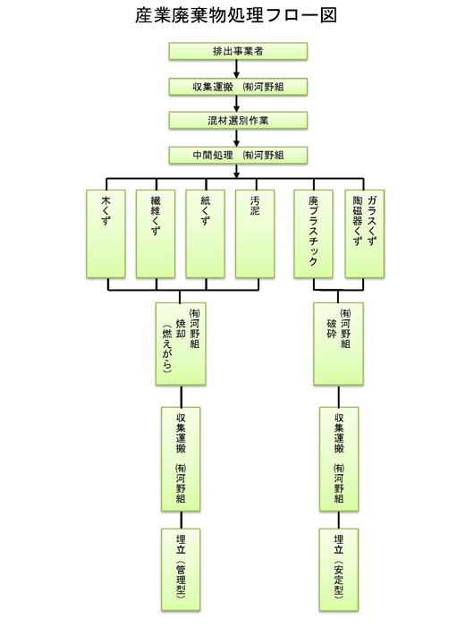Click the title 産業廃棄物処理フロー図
(237, 15)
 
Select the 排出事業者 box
(238, 51)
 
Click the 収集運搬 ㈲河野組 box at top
(238, 86)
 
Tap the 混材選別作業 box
(238, 120)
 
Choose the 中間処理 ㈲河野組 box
(238, 155)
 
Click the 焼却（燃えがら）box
(182, 344)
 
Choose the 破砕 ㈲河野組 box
(338, 344)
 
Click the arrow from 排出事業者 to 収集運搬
(238, 69)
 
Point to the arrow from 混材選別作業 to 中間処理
(238, 138)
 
